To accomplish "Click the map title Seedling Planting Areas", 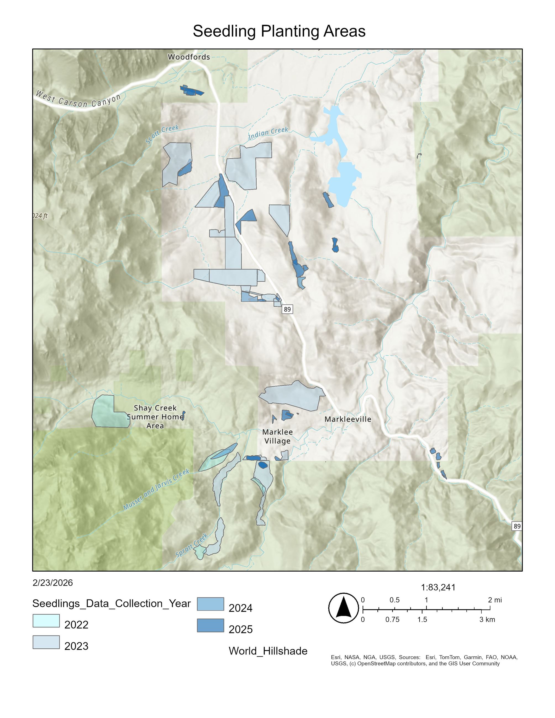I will [279, 31].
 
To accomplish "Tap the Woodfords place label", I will [189, 57].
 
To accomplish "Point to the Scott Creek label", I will [162, 134].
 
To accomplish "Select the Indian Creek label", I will [268, 133].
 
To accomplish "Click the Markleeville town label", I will [348, 419].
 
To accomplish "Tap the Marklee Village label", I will [277, 436].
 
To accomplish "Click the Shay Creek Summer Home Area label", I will [155, 416].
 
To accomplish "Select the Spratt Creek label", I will [192, 545].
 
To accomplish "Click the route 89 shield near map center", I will [287, 309].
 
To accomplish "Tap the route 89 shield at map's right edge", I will [517, 526].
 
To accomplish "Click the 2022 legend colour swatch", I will [46, 621].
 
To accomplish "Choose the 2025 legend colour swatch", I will [211, 625].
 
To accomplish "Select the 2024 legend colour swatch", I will [211, 604].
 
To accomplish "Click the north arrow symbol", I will [343, 608].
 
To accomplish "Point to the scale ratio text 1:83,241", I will [438, 587].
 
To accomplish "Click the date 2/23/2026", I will [52, 583].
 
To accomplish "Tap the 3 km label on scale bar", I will [487, 619].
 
